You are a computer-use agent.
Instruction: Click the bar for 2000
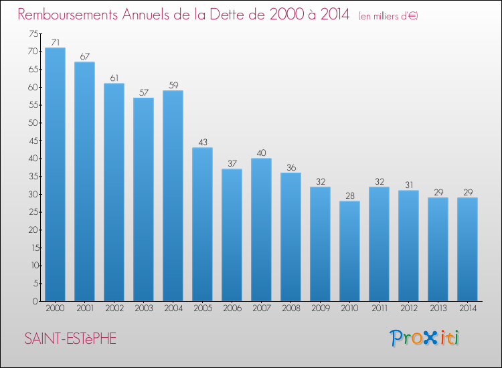(55, 175)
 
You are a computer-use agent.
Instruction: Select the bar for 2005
(202, 224)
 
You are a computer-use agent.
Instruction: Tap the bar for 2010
(349, 251)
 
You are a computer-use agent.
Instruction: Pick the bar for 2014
(467, 250)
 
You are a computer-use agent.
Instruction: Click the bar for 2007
(261, 229)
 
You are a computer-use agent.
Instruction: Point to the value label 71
(56, 42)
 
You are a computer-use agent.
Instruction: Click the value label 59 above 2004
(173, 85)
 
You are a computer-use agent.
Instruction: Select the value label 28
(350, 195)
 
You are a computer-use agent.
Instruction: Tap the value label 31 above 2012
(409, 185)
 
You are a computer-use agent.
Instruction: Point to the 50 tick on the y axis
(33, 123)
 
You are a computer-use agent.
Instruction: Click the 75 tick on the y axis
(33, 33)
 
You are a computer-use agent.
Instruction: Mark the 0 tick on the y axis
(35, 301)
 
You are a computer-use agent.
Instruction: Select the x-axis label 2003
(144, 308)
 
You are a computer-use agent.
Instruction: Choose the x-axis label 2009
(321, 308)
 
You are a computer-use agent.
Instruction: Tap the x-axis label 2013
(438, 308)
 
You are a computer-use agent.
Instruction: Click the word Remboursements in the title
(68, 15)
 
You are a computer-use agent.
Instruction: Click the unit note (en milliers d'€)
(388, 16)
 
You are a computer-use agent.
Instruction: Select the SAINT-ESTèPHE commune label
(70, 339)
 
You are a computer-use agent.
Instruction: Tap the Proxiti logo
(424, 338)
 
